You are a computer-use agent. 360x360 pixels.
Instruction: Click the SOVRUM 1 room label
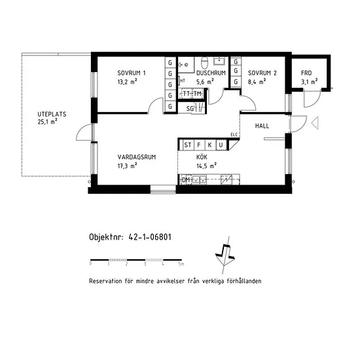[132, 73]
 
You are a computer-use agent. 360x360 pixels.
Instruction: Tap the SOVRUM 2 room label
[262, 73]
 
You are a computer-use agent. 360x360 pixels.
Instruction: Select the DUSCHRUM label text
[211, 73]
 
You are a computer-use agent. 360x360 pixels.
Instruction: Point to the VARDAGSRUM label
[137, 157]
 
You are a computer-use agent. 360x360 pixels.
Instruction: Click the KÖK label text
[202, 157]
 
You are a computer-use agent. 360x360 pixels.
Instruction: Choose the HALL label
[262, 126]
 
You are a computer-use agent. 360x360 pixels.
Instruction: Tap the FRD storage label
[306, 73]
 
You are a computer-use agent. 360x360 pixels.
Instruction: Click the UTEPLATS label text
[52, 114]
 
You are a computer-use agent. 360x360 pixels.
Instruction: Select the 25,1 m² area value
[48, 122]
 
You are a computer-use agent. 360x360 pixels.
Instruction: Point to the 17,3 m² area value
[128, 166]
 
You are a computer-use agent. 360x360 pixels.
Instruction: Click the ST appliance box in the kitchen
[188, 145]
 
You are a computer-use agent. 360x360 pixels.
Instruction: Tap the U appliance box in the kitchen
[221, 145]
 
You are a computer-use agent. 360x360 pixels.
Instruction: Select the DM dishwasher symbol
[186, 180]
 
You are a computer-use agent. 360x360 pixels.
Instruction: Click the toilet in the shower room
[204, 62]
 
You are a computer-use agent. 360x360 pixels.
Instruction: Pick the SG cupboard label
[190, 109]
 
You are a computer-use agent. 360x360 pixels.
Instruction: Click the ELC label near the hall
[234, 135]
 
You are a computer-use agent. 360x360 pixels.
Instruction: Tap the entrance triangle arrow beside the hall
[315, 123]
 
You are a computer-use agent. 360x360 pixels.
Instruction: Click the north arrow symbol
[225, 255]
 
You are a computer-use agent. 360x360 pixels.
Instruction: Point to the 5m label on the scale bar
[181, 264]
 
